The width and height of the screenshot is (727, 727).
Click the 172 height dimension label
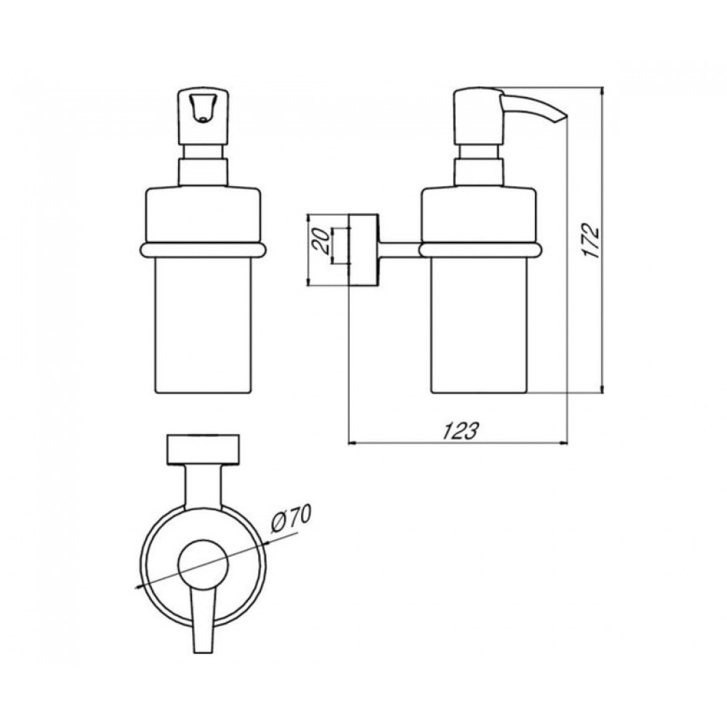592,241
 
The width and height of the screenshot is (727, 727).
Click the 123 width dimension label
459,430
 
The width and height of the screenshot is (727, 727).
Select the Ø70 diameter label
292,521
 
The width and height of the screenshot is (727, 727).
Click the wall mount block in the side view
363,250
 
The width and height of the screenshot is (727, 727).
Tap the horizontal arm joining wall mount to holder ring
399,249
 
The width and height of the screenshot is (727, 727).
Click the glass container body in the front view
202,324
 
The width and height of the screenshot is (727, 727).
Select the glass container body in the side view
479,324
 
